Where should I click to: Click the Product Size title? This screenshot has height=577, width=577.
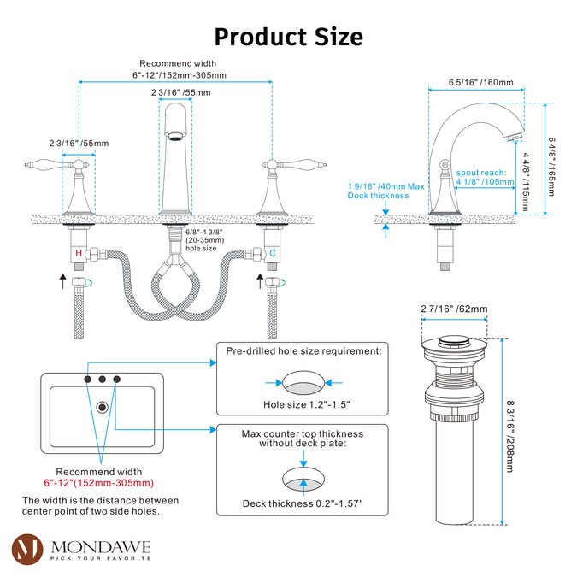(288, 37)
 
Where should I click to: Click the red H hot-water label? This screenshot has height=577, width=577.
(79, 254)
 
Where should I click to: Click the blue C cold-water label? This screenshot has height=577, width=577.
(272, 254)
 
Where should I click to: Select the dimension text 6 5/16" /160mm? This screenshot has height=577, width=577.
(481, 84)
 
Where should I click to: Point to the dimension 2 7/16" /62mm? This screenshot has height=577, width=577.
(453, 309)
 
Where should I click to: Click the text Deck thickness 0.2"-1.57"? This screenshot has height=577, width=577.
(303, 503)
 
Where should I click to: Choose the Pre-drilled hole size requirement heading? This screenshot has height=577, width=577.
(303, 350)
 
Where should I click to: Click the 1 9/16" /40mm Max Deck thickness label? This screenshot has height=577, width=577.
(385, 190)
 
